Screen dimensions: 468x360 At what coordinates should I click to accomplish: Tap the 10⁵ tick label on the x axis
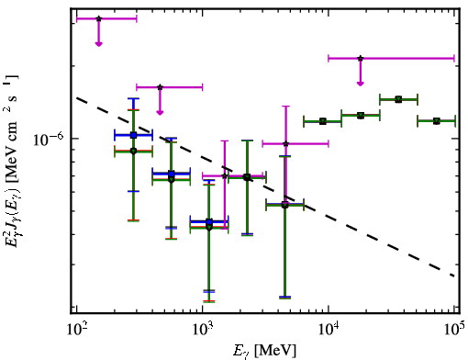tap(453, 330)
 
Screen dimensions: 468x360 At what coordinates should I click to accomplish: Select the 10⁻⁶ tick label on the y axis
tap(49, 140)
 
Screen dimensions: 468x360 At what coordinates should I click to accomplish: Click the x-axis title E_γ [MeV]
tap(264, 351)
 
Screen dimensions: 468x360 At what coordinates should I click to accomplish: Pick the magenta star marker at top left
tap(98, 18)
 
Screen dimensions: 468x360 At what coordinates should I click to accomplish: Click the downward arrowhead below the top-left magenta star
tap(98, 44)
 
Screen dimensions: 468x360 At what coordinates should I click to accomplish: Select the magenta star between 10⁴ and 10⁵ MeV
tap(361, 58)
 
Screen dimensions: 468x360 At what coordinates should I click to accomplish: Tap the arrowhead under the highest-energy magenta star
tap(361, 84)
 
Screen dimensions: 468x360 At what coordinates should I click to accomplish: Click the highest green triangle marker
tap(398, 99)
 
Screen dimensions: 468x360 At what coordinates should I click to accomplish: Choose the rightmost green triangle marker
tap(437, 121)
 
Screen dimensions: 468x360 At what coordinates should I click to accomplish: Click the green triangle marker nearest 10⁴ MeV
tap(323, 121)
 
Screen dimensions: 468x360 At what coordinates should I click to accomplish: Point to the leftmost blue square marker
tap(133, 135)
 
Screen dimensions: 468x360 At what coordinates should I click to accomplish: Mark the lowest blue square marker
tap(209, 221)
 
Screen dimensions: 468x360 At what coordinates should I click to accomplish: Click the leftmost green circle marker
tap(133, 151)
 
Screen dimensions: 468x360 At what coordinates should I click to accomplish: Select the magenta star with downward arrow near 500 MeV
tap(160, 87)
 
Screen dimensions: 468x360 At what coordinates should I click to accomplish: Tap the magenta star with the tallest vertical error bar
tap(285, 143)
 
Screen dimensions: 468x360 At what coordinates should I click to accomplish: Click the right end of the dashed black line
tap(454, 276)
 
